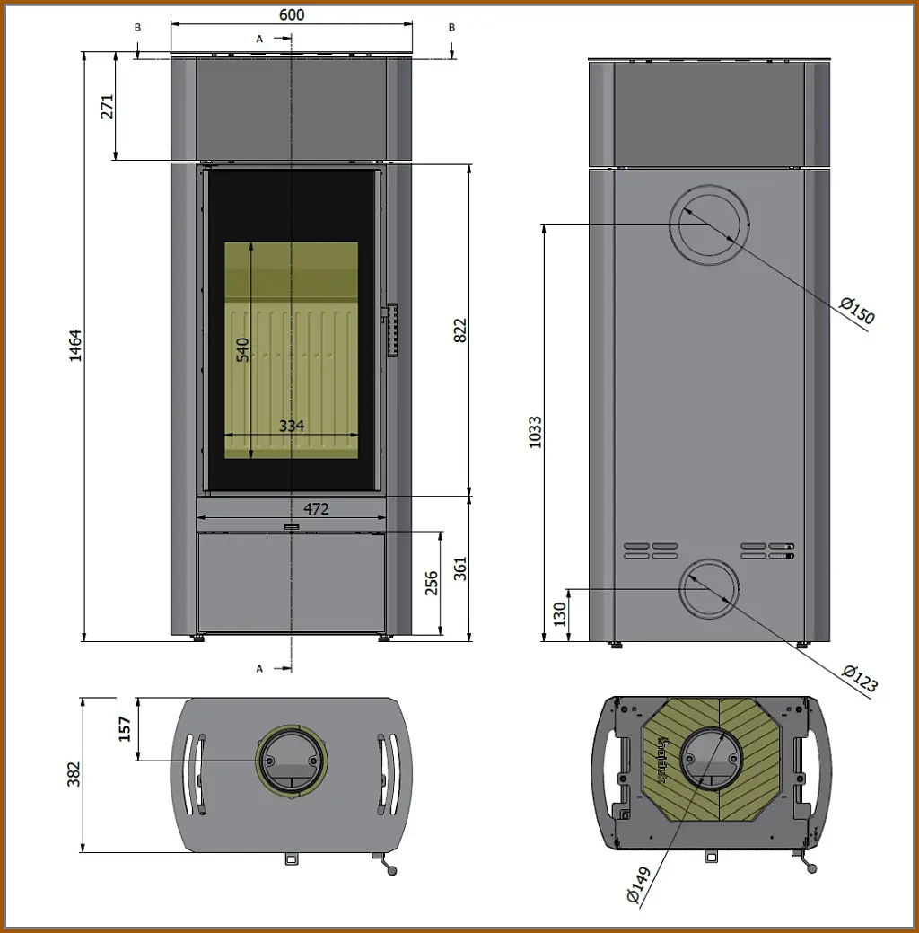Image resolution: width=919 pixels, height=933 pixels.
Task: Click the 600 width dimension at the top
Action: coord(292,14)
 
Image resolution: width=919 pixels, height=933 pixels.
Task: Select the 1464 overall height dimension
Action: coord(75,345)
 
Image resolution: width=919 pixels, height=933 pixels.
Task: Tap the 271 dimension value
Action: coord(107,107)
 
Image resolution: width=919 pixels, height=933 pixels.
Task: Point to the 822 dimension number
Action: coord(459,330)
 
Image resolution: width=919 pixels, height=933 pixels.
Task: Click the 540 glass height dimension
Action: coord(242,350)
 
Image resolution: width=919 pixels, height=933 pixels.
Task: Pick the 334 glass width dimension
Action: coord(292,426)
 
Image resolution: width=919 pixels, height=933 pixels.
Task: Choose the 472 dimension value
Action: coord(316,509)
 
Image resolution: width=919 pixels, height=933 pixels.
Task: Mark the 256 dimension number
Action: coord(432,583)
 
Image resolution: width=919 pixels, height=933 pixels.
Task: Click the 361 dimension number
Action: coord(459,568)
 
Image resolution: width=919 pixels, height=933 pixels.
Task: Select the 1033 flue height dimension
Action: coord(536,432)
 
